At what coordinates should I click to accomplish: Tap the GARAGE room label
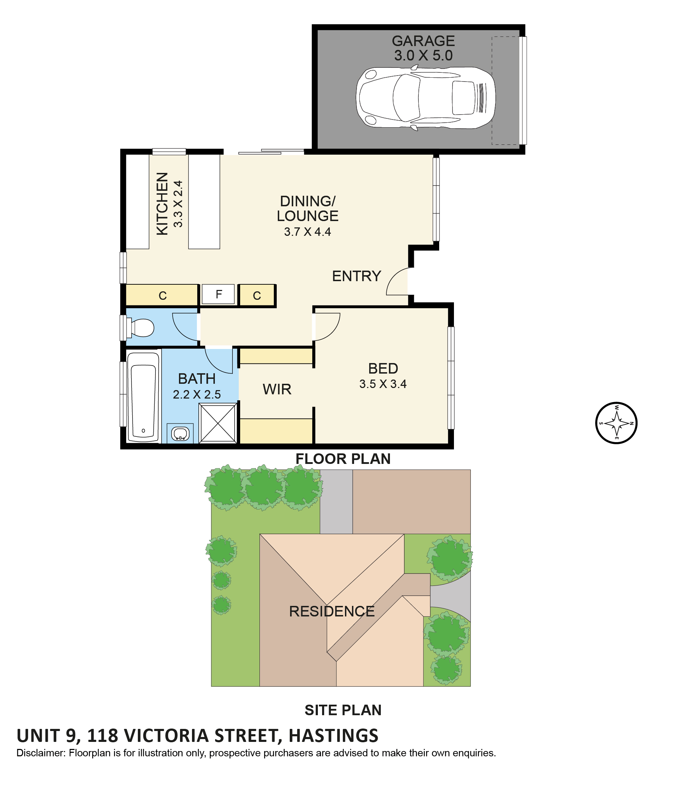tap(423, 41)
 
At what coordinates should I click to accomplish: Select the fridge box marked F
tap(218, 295)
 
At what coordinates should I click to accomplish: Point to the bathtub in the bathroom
tap(143, 397)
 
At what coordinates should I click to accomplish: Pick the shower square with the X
tap(218, 423)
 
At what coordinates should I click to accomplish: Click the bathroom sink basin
tap(180, 434)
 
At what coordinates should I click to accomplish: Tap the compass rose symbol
tap(616, 423)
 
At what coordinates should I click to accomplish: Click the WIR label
tap(277, 389)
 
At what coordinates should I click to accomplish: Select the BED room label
tap(383, 369)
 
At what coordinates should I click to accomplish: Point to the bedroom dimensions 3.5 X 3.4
tap(383, 384)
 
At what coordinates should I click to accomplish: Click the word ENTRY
tap(357, 276)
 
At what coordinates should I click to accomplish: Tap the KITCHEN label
tap(162, 204)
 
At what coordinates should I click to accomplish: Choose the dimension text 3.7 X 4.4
tap(307, 232)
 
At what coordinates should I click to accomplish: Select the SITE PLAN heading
tap(343, 710)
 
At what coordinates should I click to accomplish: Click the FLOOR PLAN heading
tap(343, 459)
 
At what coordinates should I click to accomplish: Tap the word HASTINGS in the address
tap(334, 736)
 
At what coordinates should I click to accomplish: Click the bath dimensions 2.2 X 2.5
tap(197, 394)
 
